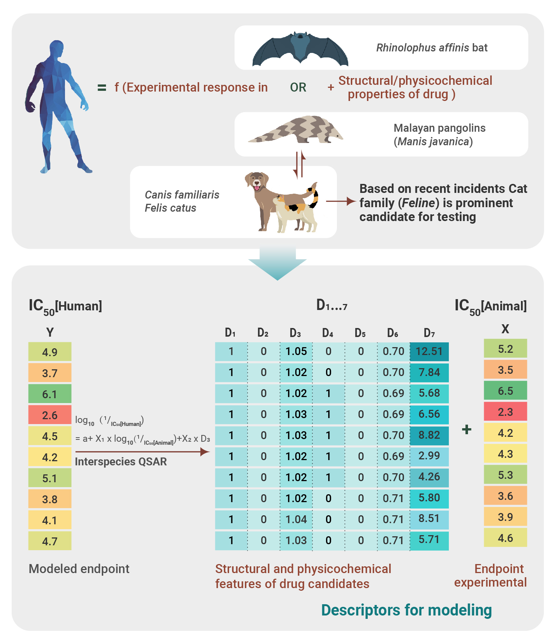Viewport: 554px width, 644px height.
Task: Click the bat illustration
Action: pyautogui.click(x=300, y=49)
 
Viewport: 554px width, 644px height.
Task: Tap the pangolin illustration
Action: pyautogui.click(x=296, y=129)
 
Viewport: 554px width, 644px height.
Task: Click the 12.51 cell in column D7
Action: pyautogui.click(x=429, y=352)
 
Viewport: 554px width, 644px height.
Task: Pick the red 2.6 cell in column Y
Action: pyautogui.click(x=50, y=415)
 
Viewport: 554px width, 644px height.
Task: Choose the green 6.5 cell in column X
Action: pyautogui.click(x=505, y=391)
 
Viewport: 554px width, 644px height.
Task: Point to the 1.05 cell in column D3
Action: pyautogui.click(x=296, y=352)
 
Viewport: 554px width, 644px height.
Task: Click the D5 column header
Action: pyautogui.click(x=360, y=333)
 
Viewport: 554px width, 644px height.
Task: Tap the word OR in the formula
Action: pyautogui.click(x=298, y=87)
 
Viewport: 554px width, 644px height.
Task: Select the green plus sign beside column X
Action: pyautogui.click(x=466, y=429)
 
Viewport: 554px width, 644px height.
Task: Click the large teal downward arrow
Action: pyautogui.click(x=278, y=264)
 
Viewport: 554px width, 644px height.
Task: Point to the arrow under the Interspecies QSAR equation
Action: pyautogui.click(x=142, y=452)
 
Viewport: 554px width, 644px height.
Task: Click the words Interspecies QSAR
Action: pyautogui.click(x=121, y=462)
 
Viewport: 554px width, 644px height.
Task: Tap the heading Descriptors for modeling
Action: pyautogui.click(x=406, y=610)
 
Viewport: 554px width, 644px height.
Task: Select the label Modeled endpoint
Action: pyautogui.click(x=79, y=569)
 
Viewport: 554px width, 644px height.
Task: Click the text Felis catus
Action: pyautogui.click(x=171, y=208)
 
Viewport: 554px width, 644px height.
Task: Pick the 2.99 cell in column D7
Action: pyautogui.click(x=429, y=456)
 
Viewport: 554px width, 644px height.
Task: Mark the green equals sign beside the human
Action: pyautogui.click(x=102, y=88)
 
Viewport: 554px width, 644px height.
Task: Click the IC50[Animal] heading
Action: pyautogui.click(x=491, y=307)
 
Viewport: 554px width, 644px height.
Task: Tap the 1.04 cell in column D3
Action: pyautogui.click(x=296, y=519)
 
